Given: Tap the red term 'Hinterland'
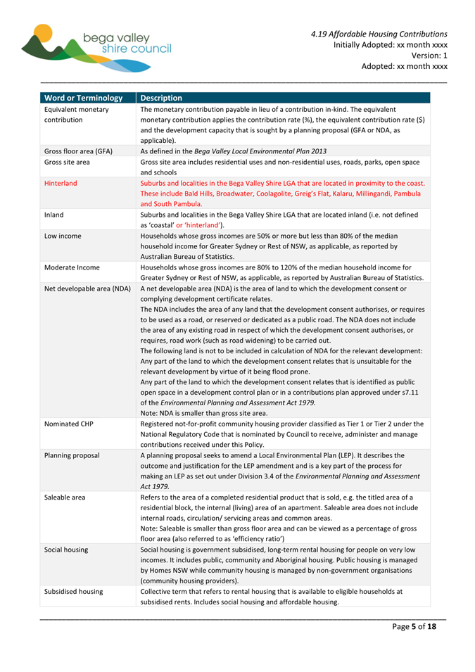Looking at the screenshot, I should point(61,182).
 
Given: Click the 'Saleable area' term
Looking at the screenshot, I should point(65,497).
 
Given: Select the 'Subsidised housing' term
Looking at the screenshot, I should point(73,591).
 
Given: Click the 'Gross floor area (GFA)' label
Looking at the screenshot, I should point(83,151).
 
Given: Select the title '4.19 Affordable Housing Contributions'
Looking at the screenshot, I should point(379,33).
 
